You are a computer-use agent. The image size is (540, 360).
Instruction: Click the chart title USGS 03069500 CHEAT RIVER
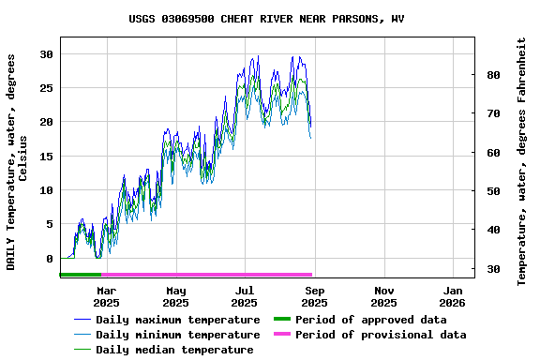267,19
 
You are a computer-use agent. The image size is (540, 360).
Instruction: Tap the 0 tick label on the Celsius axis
49,259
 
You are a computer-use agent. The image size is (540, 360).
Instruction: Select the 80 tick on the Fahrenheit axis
492,75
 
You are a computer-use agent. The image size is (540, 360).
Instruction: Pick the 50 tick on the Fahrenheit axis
492,191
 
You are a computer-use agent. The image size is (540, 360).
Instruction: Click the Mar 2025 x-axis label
106,296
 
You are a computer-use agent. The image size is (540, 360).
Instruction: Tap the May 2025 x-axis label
175,296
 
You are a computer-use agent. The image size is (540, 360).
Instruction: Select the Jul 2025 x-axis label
244,296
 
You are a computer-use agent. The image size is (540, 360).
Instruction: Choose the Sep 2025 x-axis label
314,296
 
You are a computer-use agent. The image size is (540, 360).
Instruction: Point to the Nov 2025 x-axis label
383,296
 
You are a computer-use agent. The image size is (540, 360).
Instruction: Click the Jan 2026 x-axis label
452,296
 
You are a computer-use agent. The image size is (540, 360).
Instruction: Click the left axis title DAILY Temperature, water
17,161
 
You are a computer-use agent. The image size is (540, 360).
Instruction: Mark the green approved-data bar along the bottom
80,275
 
